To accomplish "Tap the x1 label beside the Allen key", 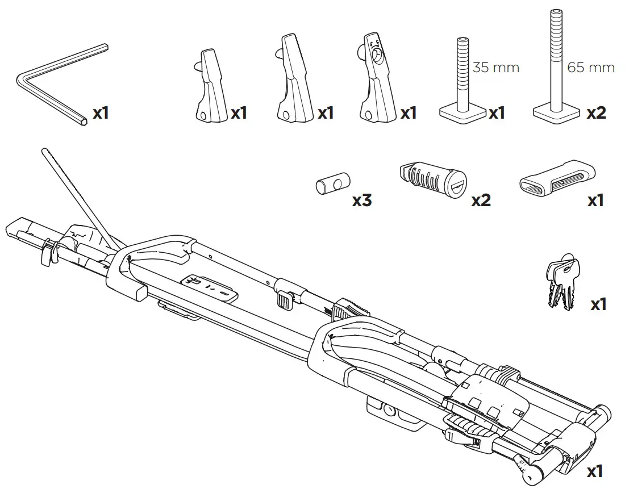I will [x=100, y=112].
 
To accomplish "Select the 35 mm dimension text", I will [x=496, y=68].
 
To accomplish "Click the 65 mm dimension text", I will [x=591, y=68].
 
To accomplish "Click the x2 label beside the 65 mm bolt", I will [x=596, y=112].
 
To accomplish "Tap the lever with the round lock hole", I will [x=376, y=80].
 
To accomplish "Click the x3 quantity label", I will [x=362, y=200].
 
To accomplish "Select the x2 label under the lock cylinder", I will [x=481, y=200].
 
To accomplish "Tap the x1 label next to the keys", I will [x=598, y=304].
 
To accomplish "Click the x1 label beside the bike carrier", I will [x=594, y=471].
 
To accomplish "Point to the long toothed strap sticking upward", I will [x=77, y=196].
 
